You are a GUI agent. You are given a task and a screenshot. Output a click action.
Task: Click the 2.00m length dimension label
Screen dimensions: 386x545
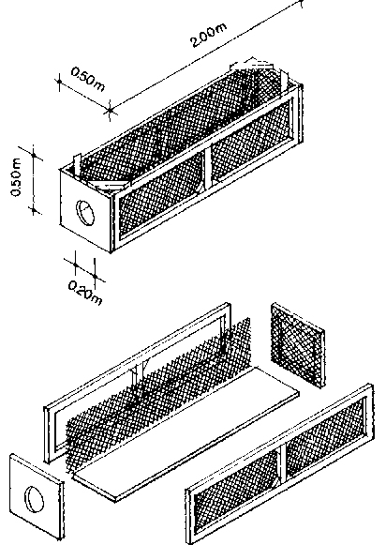(208, 35)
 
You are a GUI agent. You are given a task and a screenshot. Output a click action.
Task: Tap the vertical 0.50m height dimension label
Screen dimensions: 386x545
(16, 177)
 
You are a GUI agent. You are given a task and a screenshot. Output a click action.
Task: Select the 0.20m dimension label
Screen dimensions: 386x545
(85, 293)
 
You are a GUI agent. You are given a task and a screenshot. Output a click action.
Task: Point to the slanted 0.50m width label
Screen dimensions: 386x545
(87, 80)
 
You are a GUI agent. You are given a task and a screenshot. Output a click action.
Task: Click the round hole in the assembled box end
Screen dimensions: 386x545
(85, 212)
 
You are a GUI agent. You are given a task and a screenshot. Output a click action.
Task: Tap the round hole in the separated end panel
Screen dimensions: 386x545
(35, 499)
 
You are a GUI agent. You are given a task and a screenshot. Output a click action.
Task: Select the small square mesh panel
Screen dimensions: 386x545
(298, 344)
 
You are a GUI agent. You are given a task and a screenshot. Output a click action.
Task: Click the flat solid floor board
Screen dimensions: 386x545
(186, 434)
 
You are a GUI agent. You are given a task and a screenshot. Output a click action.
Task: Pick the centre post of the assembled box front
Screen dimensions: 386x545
(207, 169)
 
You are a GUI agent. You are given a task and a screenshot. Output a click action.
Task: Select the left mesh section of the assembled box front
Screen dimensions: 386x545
(161, 195)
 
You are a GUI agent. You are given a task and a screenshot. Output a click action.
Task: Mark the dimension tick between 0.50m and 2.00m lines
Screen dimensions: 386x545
(110, 111)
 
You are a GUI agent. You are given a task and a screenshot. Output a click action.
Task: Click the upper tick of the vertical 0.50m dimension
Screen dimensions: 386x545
(34, 155)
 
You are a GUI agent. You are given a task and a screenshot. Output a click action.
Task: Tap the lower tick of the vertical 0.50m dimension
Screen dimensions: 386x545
(34, 209)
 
